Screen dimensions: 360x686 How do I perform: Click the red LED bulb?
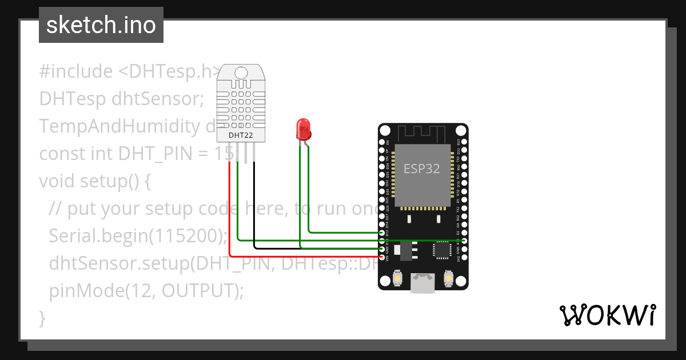(x=303, y=129)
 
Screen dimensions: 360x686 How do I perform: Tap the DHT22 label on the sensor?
(x=241, y=135)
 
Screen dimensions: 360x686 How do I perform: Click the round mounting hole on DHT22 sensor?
(x=241, y=73)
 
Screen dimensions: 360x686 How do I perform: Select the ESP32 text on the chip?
(x=421, y=169)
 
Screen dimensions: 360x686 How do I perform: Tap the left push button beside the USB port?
(x=397, y=279)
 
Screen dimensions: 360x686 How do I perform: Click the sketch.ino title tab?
(x=101, y=25)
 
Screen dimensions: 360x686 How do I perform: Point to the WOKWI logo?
(x=607, y=315)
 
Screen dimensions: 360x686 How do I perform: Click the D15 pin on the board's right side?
(x=464, y=241)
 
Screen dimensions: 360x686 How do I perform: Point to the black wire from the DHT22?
(x=254, y=206)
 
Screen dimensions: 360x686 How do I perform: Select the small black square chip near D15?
(x=442, y=250)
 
